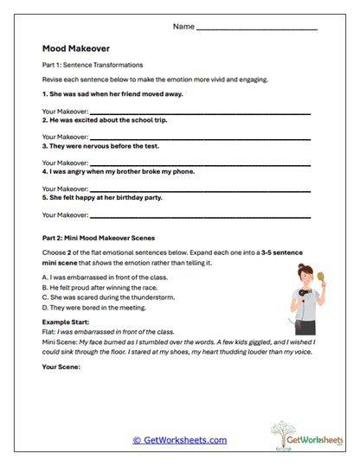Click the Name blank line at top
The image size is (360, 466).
pyautogui.click(x=257, y=29)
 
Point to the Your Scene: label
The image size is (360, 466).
pyautogui.click(x=61, y=367)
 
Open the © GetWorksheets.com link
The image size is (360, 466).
pyautogui.click(x=179, y=440)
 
